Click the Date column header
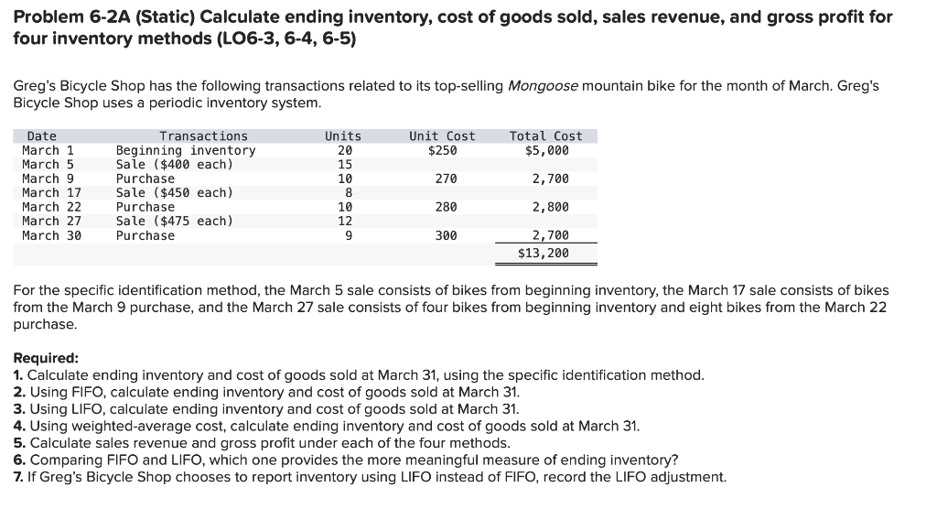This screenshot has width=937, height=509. [41, 136]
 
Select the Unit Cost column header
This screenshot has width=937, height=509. [442, 136]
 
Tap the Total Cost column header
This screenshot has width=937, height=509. [545, 136]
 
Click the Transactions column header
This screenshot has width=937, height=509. [203, 136]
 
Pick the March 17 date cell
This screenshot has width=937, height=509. [51, 193]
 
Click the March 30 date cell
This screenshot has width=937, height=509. [51, 236]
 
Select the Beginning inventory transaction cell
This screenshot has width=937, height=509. [186, 151]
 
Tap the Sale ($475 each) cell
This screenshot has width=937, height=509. [174, 222]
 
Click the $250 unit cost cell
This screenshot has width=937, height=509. [442, 151]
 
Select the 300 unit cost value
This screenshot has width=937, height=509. [446, 236]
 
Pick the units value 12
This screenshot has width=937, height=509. [345, 222]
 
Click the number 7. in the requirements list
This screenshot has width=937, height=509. [19, 477]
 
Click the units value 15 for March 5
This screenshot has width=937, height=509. [345, 165]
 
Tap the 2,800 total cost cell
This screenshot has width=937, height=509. [551, 208]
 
